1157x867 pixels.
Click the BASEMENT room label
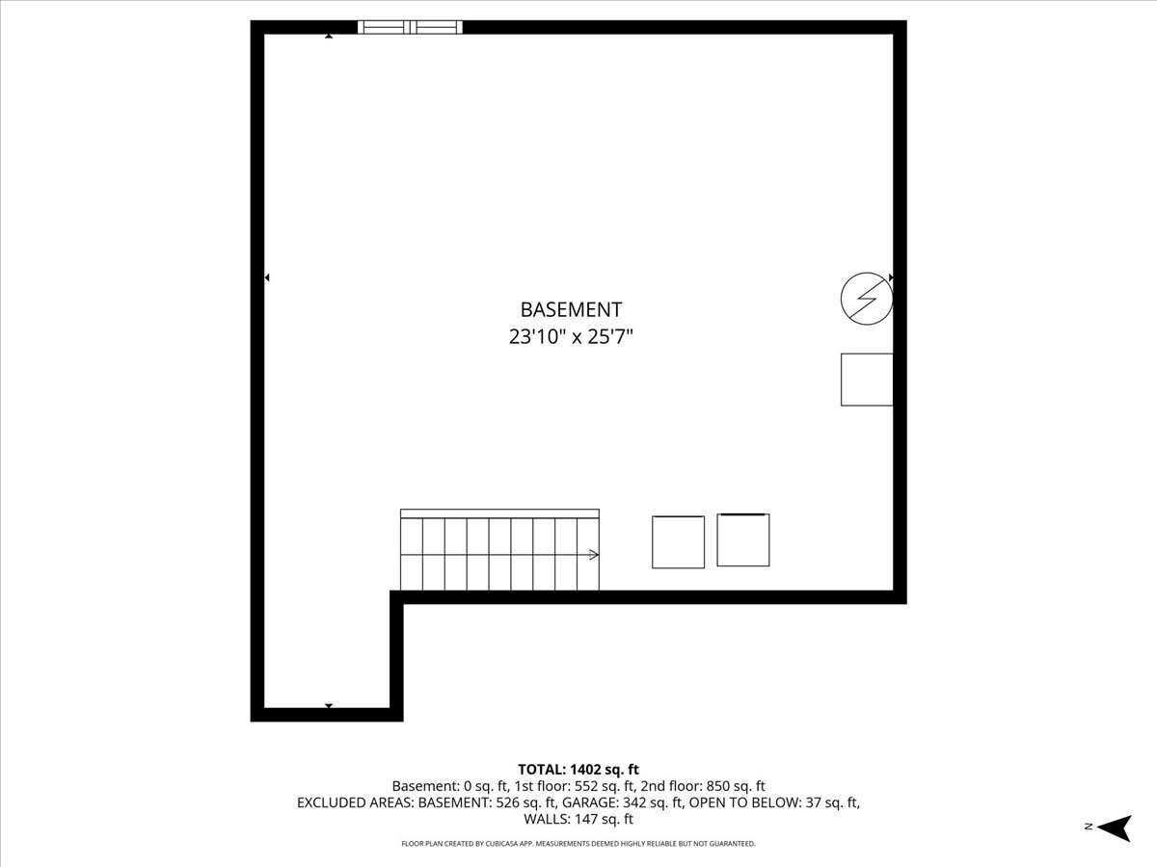571,309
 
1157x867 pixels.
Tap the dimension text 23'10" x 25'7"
571,337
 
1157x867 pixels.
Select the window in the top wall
410,27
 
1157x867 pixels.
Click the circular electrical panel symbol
866,298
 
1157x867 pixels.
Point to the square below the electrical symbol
867,380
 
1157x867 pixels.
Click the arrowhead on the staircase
593,555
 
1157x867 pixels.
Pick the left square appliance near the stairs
678,542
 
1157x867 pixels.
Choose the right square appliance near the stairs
743,540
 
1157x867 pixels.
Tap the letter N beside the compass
1088,827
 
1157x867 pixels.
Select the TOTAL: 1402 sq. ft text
578,769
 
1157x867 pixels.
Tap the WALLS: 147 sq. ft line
578,819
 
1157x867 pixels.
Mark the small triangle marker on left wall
267,277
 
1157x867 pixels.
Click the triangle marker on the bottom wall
329,706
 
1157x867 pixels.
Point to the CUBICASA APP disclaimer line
578,844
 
